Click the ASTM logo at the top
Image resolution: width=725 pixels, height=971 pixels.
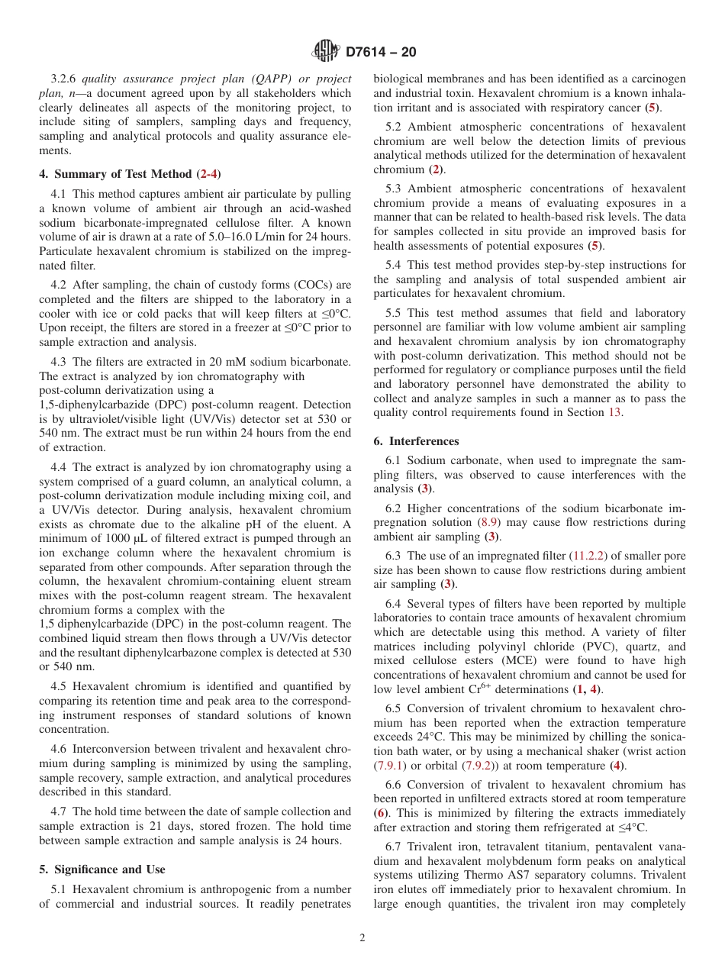click(x=326, y=52)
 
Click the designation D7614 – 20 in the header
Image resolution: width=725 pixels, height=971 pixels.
click(x=381, y=53)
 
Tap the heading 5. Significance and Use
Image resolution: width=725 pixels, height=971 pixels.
click(x=102, y=869)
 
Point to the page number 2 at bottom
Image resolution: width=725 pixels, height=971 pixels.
click(x=362, y=938)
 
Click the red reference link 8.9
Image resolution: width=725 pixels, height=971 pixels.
click(x=488, y=523)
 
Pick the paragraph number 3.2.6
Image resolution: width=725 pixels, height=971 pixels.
click(x=65, y=79)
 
